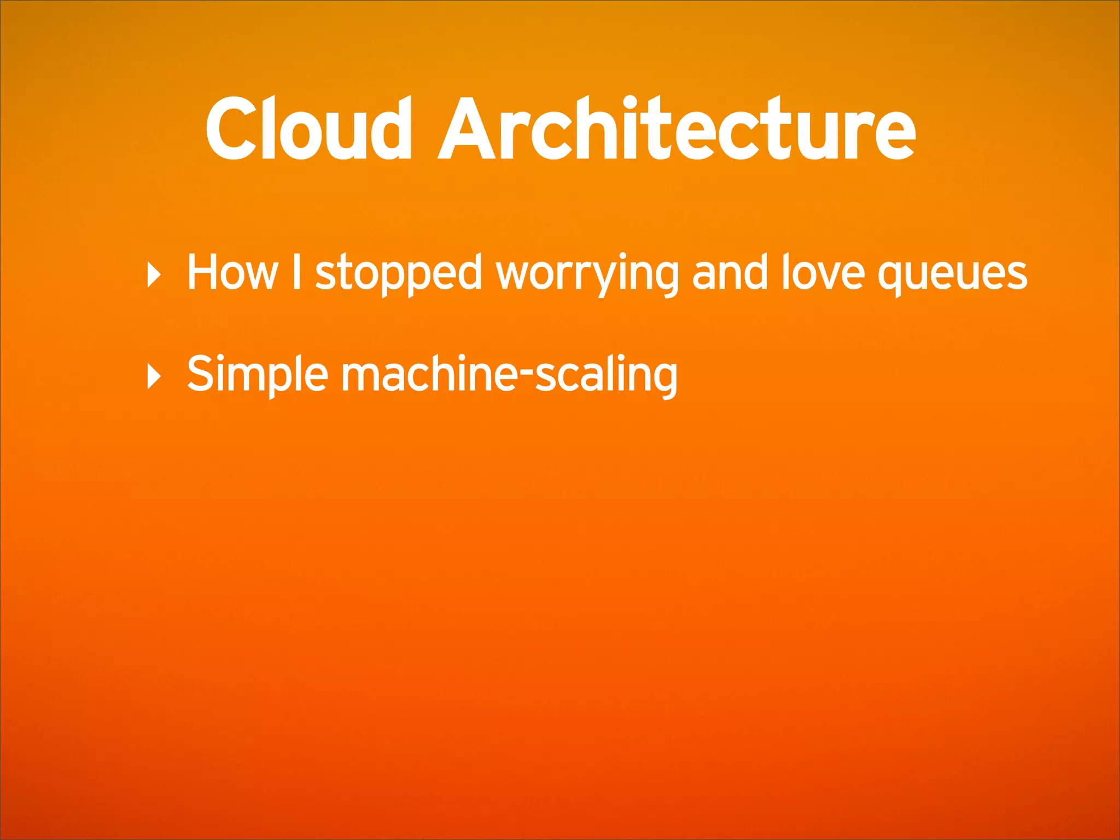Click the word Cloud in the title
308,129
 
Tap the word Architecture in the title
676,129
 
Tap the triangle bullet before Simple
154,376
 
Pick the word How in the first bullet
232,272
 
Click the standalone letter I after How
296,271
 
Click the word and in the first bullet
730,272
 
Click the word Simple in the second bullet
257,375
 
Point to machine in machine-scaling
430,374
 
